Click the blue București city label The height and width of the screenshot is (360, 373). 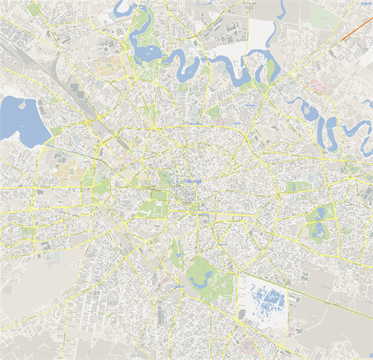point(193,180)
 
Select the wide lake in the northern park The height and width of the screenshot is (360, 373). point(145,52)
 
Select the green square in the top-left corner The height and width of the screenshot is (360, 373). point(34,9)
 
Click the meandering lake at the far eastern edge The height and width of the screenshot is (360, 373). point(357,132)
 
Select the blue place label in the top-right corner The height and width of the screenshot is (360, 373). point(364,4)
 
